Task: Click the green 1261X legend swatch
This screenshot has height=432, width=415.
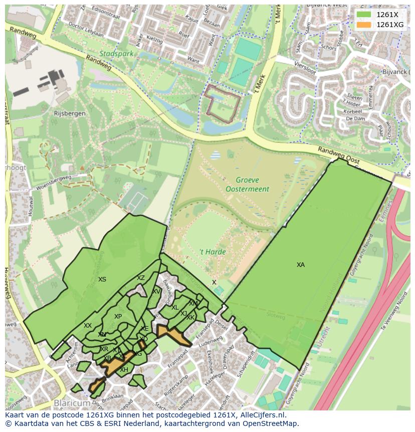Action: pos(363,15)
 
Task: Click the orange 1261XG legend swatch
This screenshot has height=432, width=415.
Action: pos(363,25)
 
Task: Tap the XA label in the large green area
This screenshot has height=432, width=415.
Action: pos(301,265)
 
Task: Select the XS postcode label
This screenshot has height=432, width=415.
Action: pos(102,279)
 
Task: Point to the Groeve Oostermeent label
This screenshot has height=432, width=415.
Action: pos(247,184)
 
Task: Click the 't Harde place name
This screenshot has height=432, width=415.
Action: pos(213,252)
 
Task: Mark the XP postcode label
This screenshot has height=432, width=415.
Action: pos(118,317)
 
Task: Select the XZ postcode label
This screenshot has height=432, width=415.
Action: pos(141,278)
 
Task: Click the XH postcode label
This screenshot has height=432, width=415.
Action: pos(124,370)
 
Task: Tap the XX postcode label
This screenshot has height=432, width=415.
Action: pos(88,326)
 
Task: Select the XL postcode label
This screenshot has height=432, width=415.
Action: pos(175,308)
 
